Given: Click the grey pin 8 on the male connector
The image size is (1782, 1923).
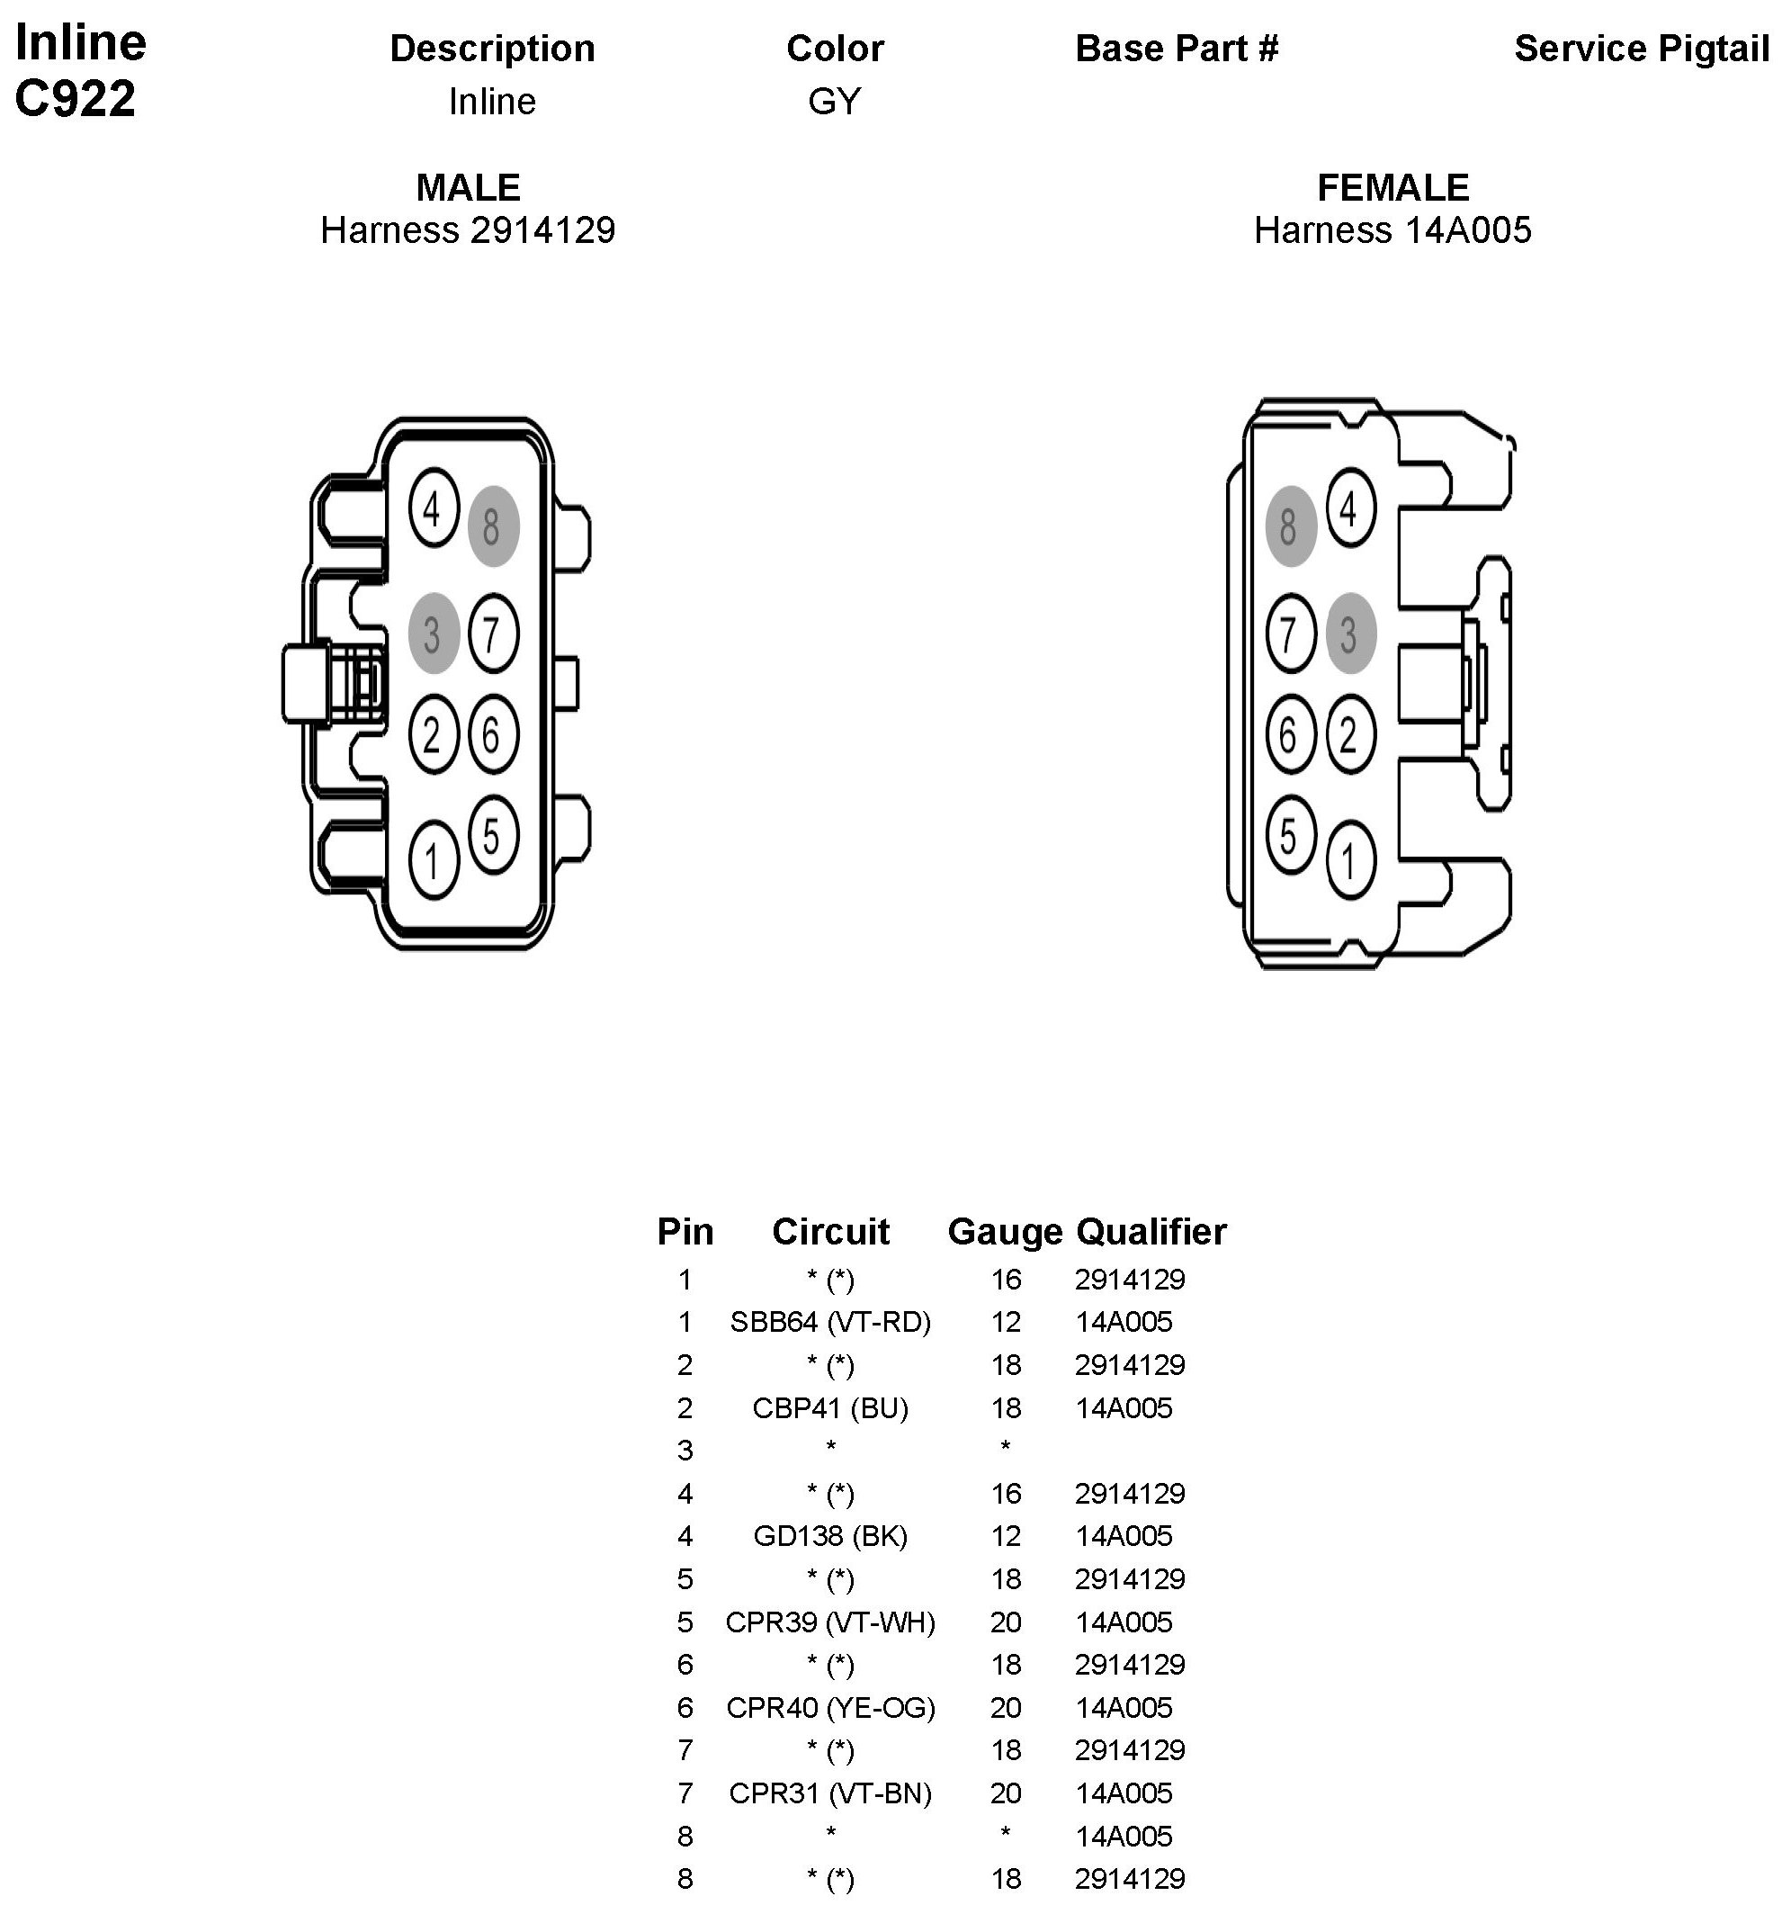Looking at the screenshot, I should [493, 526].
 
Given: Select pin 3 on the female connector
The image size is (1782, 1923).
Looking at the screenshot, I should [1350, 634].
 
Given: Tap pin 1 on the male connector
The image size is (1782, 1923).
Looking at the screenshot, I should [433, 859].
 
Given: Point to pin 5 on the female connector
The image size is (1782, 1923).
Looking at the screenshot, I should [1290, 835].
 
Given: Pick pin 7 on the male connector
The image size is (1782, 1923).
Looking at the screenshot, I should [493, 634].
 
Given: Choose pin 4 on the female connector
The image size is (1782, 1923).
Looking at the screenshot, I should [1350, 508].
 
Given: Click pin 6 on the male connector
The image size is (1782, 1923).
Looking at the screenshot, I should [493, 735].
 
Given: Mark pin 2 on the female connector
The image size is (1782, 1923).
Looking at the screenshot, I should [1350, 735].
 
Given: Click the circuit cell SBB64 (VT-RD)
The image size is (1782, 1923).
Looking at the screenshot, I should [830, 1322].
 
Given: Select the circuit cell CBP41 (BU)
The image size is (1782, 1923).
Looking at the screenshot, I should [830, 1408].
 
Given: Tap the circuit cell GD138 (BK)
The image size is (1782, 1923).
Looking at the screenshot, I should [830, 1536].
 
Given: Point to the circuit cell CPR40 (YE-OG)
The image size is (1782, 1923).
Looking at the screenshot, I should [830, 1708].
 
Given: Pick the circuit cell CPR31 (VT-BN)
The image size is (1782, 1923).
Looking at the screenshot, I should [830, 1793].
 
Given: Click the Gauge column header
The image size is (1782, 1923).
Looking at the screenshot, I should [1005, 1232].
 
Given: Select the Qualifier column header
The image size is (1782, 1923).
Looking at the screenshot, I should [1151, 1232].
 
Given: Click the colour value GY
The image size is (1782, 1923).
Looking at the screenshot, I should [834, 102].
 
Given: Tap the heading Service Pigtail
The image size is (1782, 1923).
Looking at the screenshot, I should [1641, 49].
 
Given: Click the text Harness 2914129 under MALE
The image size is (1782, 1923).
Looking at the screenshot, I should [468, 230].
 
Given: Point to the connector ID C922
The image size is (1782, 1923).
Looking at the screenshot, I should [76, 98].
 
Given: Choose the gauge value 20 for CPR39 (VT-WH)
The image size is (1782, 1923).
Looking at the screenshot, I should [1005, 1622].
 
